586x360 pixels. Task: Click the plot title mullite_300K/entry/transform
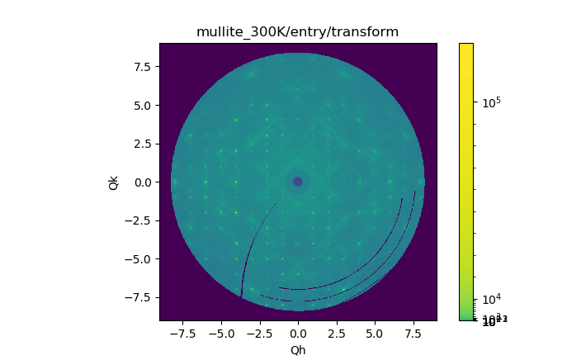[x=297, y=32]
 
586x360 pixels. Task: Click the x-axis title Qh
[x=298, y=350]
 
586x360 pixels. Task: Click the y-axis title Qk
[x=114, y=182]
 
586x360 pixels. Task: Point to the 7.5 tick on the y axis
[x=140, y=67]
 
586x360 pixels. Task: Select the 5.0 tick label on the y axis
[x=140, y=106]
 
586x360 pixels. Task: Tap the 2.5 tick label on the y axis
[x=140, y=144]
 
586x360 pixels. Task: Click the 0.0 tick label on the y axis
[x=140, y=182]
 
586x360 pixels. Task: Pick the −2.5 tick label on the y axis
[x=137, y=220]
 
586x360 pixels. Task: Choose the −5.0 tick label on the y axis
[x=137, y=259]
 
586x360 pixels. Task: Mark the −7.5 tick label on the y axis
[x=137, y=297]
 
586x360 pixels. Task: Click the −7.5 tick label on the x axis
[x=182, y=334]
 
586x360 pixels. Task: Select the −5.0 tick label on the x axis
[x=221, y=334]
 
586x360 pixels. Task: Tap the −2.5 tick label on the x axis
[x=259, y=334]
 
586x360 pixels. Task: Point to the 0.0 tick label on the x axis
[x=298, y=334]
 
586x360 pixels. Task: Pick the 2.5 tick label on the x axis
[x=337, y=334]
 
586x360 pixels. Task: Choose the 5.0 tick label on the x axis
[x=375, y=334]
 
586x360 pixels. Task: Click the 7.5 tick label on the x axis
[x=414, y=334]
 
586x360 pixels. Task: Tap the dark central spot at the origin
[x=298, y=182]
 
